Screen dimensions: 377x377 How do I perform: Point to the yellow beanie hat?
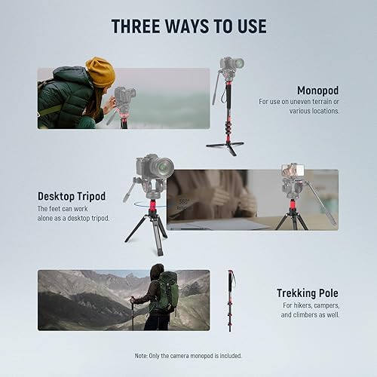100,72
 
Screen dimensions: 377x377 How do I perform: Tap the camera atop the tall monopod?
231,64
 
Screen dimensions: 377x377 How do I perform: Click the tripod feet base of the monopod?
225,145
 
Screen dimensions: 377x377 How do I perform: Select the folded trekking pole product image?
230,299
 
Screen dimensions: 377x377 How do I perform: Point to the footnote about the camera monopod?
188,355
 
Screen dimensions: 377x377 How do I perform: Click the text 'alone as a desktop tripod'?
73,218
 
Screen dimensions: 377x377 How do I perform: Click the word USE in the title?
247,26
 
